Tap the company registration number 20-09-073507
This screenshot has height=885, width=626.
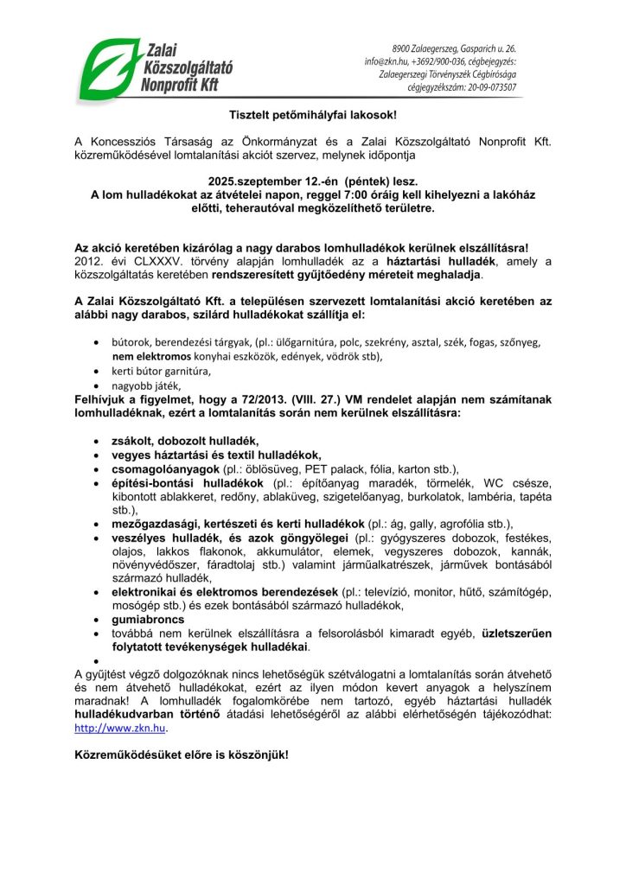tap(489, 87)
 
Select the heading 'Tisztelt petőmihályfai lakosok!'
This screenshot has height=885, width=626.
tap(312, 113)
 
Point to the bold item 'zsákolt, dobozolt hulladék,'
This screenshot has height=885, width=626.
tap(186, 440)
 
